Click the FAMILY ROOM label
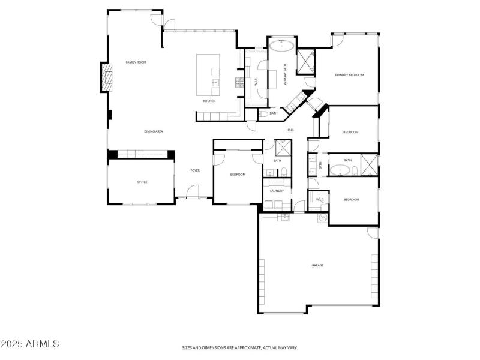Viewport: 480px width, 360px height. pos(136,62)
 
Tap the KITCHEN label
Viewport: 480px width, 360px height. pos(209,101)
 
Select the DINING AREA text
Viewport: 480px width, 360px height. pos(154,131)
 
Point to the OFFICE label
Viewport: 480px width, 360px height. pos(142,182)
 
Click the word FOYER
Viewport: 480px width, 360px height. pos(195,170)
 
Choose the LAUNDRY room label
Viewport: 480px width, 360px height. pos(277,191)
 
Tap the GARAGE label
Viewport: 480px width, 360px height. pos(317,265)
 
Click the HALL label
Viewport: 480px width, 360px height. pos(290,130)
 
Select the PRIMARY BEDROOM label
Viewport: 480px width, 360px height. pos(349,75)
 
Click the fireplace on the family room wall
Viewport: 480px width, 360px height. pos(106,77)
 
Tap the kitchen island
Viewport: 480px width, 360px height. pos(208,74)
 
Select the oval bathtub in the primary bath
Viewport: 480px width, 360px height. pos(281,45)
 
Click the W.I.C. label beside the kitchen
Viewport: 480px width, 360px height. pos(256,83)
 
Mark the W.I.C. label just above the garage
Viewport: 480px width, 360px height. pos(319,200)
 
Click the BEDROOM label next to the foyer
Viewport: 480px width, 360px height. pos(238,175)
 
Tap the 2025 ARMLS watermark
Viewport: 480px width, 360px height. pos(30,344)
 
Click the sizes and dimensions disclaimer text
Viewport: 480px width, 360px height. pos(240,347)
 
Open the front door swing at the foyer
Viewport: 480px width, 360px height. pos(193,192)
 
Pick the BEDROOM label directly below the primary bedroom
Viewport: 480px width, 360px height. pos(350,132)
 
